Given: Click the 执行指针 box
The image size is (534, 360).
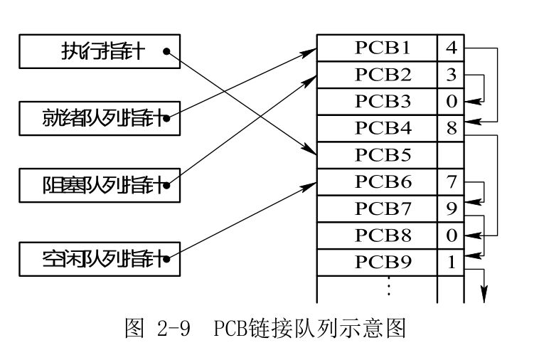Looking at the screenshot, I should tap(100, 51).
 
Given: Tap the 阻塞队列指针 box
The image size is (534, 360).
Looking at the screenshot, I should tap(100, 186).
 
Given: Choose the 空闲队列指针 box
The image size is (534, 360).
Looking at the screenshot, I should tap(100, 258).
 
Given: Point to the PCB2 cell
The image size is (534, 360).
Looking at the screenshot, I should tap(377, 74).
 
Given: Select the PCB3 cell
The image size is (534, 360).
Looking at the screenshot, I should tap(377, 100).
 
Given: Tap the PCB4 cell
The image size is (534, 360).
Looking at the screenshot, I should tap(377, 127).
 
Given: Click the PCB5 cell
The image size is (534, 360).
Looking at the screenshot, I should tap(377, 154).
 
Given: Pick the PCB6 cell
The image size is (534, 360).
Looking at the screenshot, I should tap(377, 181).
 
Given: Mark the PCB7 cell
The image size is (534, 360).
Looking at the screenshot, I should tap(377, 208).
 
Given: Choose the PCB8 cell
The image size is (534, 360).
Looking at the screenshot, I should tap(377, 234).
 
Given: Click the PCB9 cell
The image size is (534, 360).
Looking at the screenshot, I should tap(377, 261).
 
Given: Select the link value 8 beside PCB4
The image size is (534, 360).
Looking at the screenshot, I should tap(451, 128).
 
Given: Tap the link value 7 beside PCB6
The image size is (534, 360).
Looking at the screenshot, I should tap(451, 181).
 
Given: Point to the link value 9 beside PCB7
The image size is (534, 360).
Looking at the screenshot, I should tap(451, 208).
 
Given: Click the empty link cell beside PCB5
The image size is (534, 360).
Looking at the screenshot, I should tap(451, 154).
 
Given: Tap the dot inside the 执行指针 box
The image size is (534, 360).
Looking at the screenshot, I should tap(166, 51).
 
